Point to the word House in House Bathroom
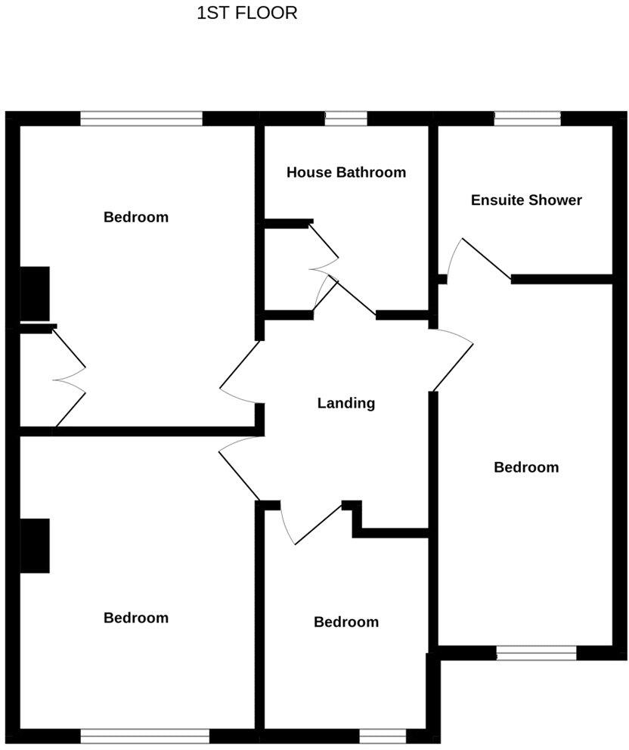309,172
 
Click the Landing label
346,403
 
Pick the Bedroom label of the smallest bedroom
346,622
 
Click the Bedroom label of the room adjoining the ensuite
526,467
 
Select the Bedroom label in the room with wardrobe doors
136,218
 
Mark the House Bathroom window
346,118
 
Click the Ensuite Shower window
528,118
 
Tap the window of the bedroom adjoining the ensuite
536,652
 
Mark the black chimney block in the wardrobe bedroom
35,293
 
